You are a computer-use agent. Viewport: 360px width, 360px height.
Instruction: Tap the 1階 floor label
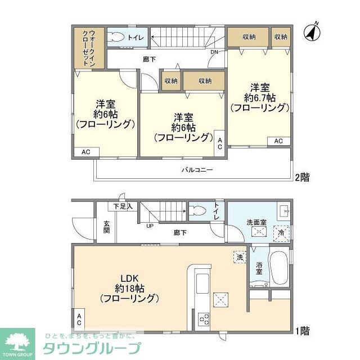303,331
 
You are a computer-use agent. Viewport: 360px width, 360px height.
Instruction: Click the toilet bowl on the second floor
116,38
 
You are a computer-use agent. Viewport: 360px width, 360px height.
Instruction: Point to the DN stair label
214,53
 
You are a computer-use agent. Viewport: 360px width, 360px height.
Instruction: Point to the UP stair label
150,226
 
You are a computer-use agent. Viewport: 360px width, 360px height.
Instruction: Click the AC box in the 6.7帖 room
278,141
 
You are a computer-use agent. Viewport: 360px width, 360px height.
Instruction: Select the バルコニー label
196,170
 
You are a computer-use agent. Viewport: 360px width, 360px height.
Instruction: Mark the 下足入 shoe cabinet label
123,206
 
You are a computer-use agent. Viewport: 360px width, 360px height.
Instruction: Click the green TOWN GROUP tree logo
17,341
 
